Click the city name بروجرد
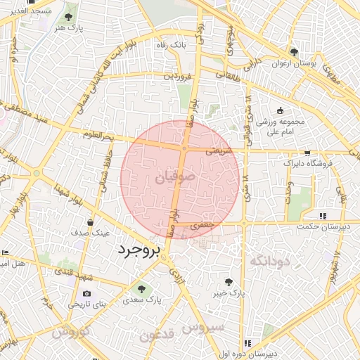coord(139,250)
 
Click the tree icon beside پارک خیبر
coord(227,281)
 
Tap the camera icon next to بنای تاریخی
coord(86,294)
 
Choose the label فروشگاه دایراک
coord(307,163)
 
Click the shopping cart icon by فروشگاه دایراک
coord(307,152)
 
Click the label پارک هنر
coord(68,27)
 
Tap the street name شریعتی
coord(219,151)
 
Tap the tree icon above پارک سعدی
coord(141,288)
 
